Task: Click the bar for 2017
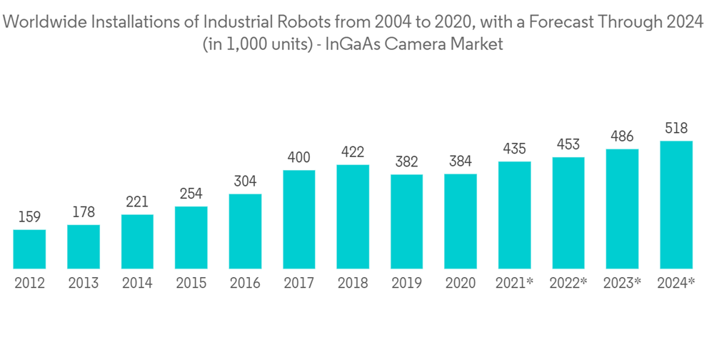pos(298,219)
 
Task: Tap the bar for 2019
pos(406,221)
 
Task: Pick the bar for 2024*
pos(676,204)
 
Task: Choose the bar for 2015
pos(191,237)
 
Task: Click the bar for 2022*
pos(568,213)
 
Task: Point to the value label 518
pos(676,129)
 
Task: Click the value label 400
pos(298,157)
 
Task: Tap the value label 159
pos(29,217)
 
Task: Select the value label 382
pos(406,162)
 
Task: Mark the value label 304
pos(245,181)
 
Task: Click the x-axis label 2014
pos(137,284)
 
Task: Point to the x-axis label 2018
pos(353,284)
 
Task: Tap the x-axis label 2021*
pos(515,284)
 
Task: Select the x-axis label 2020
pos(461,284)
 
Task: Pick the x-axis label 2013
pos(84,284)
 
